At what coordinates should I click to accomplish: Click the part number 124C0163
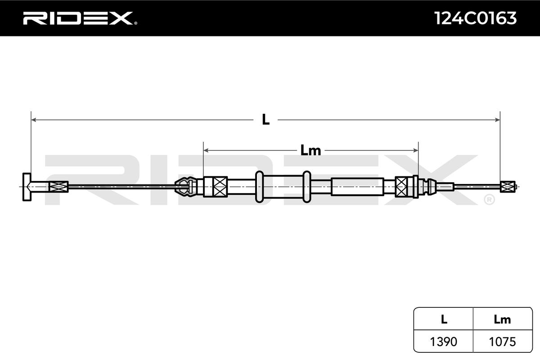pos(475,18)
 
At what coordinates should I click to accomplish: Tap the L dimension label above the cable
pos(266,120)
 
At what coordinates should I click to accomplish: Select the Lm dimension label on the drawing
pos(310,150)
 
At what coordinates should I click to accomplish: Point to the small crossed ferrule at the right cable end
pos(507,186)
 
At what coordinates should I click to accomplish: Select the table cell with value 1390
pos(443,342)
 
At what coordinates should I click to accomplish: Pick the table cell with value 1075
pos(502,342)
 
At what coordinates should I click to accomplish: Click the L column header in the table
pos(443,319)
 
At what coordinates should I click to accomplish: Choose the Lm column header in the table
pos(502,319)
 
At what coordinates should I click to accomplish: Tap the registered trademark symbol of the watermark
pos(489,199)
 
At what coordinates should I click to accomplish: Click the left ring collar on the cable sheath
pos(259,186)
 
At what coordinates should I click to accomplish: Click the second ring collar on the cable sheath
pos(307,186)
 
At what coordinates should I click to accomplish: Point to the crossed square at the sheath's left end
pos(220,186)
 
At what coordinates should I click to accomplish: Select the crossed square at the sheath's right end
pos(401,186)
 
